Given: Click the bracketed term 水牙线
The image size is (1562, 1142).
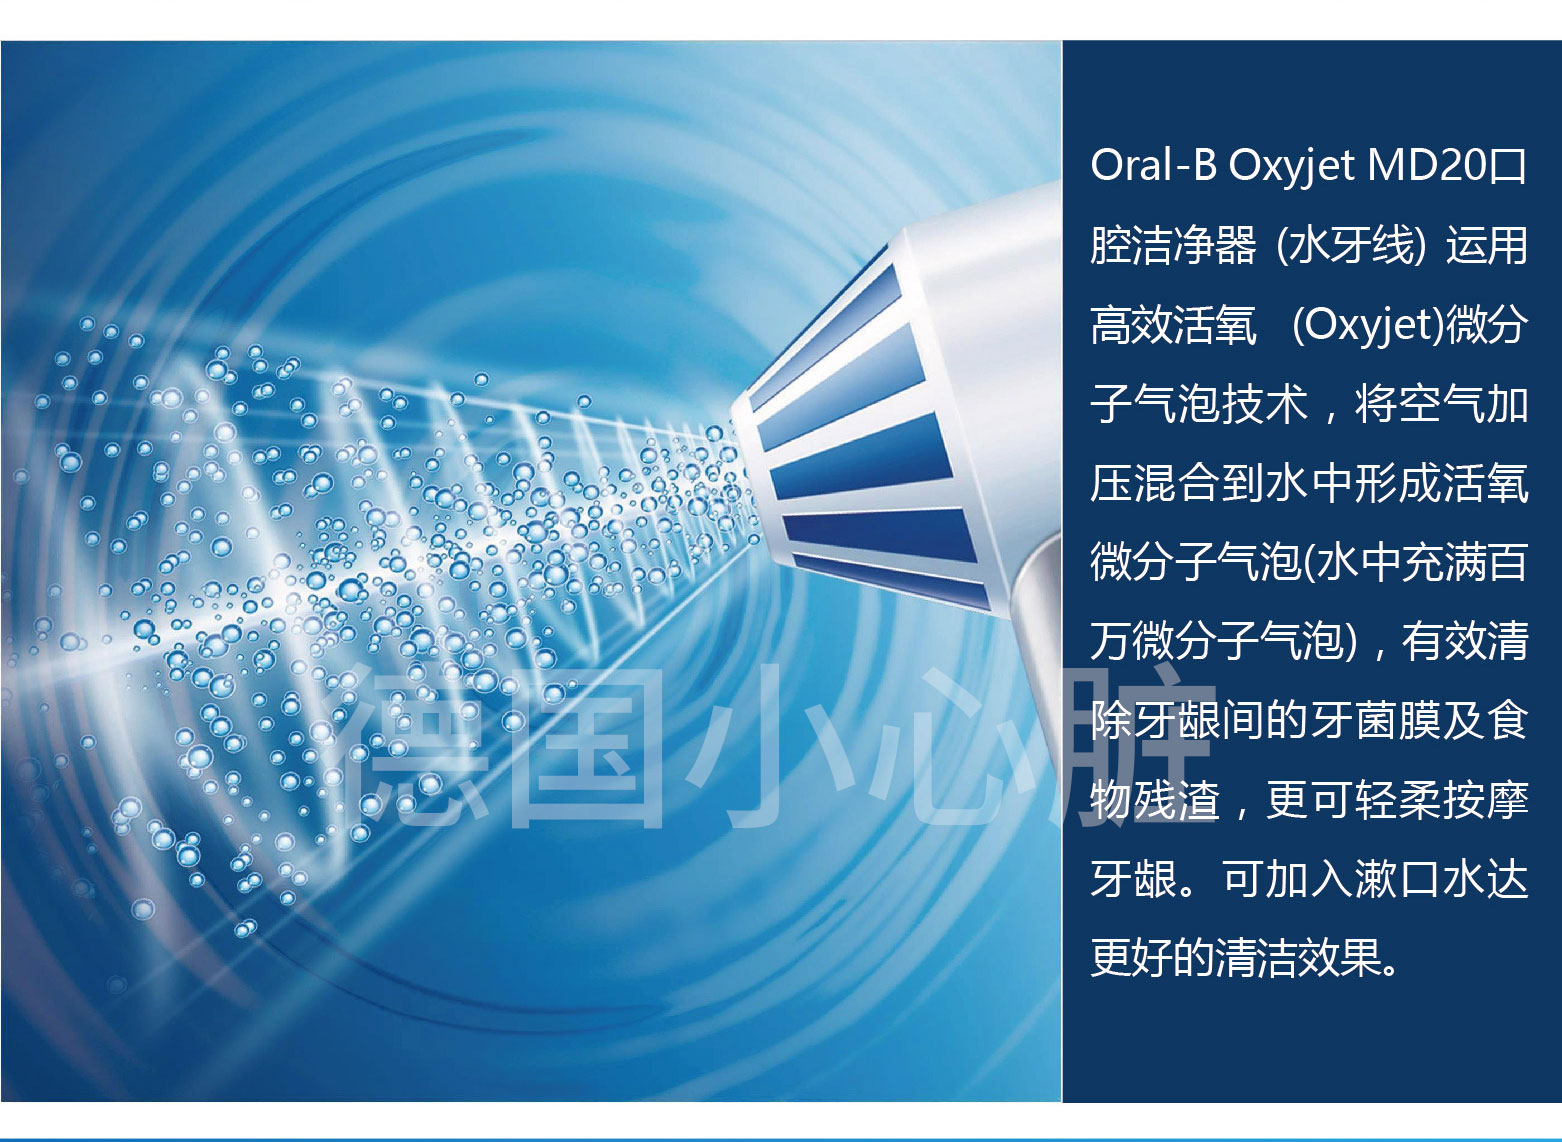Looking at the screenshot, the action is [x=1351, y=247].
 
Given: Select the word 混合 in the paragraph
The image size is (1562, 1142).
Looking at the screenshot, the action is [x=1177, y=484].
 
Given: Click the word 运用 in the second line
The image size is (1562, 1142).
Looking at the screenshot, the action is [x=1486, y=247].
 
